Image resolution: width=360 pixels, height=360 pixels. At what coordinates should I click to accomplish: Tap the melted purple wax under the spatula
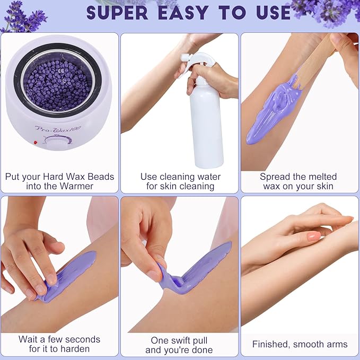(x=270, y=111)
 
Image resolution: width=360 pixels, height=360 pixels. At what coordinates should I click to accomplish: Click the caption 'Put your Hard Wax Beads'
(x=59, y=177)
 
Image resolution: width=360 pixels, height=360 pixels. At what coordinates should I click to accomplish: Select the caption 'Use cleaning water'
(x=180, y=177)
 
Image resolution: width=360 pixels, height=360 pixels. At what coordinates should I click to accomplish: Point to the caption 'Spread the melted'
(x=298, y=177)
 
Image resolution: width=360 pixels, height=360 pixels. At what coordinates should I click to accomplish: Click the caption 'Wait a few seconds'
(x=59, y=339)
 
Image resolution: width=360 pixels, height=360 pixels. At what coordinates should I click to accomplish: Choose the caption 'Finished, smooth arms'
(x=300, y=344)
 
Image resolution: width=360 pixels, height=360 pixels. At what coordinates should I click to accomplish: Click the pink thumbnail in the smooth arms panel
(x=313, y=236)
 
